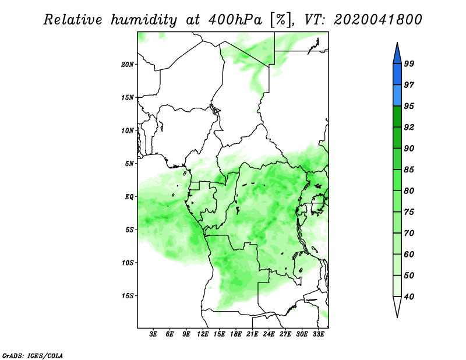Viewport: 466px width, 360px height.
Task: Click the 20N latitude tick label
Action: pyautogui.click(x=128, y=65)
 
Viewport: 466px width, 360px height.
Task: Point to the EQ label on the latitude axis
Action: pyautogui.click(x=129, y=197)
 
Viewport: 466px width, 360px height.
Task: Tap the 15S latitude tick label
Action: pyautogui.click(x=128, y=296)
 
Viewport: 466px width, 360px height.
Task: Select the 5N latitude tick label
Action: pyautogui.click(x=129, y=164)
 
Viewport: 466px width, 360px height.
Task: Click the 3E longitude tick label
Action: pyautogui.click(x=153, y=334)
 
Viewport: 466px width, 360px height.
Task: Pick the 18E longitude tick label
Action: pyautogui.click(x=236, y=334)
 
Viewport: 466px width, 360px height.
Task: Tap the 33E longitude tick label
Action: pyautogui.click(x=318, y=334)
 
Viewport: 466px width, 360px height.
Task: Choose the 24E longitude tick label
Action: pyautogui.click(x=269, y=334)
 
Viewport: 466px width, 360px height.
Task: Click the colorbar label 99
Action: pyautogui.click(x=409, y=63)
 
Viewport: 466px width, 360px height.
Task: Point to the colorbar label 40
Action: pyautogui.click(x=409, y=297)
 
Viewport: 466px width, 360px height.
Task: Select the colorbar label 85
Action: pyautogui.click(x=409, y=170)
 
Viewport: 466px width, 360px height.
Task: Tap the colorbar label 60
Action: pyautogui.click(x=409, y=254)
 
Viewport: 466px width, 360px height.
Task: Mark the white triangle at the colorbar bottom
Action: pyautogui.click(x=397, y=306)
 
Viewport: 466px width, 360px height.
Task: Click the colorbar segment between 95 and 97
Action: pyautogui.click(x=397, y=96)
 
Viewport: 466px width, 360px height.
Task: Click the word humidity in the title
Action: pyautogui.click(x=144, y=20)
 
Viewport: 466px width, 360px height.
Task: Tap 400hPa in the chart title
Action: pyautogui.click(x=235, y=20)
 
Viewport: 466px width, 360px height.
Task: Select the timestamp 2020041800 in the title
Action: pyautogui.click(x=377, y=20)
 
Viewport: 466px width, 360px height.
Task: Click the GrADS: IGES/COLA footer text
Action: pyautogui.click(x=33, y=355)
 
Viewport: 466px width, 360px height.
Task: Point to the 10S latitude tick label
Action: pyautogui.click(x=128, y=263)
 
